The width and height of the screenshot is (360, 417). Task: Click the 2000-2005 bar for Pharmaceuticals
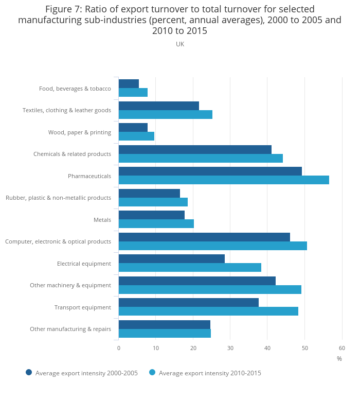point(210,171)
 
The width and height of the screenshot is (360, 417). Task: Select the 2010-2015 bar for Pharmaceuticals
point(224,180)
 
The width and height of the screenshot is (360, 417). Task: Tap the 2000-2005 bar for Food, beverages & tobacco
point(129,83)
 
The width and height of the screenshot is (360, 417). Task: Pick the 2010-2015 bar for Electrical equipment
point(190,267)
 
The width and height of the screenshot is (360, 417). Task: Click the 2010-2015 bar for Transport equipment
point(208,311)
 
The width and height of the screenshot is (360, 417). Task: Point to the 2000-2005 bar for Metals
point(152,215)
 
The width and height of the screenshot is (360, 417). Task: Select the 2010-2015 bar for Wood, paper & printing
point(136,136)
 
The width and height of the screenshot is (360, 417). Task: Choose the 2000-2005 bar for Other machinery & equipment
point(197,281)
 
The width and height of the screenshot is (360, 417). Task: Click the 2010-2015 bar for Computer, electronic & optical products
point(213,246)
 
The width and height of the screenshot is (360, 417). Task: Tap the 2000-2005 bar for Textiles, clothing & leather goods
point(159,106)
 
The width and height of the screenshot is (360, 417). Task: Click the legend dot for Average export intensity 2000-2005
point(29,372)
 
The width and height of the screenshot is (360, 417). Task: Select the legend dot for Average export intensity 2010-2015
point(152,372)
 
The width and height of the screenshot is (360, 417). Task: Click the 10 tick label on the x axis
point(156,348)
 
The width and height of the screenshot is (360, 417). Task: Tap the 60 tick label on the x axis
point(341,348)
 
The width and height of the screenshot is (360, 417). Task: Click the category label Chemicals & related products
point(72,154)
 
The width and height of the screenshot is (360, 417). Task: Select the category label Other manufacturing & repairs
point(70,329)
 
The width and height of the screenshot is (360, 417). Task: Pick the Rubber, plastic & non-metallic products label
point(58,198)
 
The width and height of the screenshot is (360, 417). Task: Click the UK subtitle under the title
point(180,44)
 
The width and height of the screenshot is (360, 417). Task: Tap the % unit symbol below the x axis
point(339,359)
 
